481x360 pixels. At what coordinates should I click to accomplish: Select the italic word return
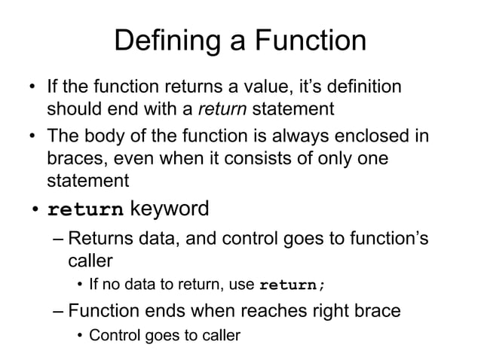pyautogui.click(x=222, y=109)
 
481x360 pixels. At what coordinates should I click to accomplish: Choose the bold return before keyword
pyautogui.click(x=85, y=209)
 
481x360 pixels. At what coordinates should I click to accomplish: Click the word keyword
pyautogui.click(x=170, y=208)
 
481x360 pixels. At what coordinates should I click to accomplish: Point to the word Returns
pyautogui.click(x=93, y=240)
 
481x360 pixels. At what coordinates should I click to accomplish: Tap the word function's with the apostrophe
pyautogui.click(x=384, y=240)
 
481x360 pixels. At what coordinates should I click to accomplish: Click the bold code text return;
pyautogui.click(x=293, y=285)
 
